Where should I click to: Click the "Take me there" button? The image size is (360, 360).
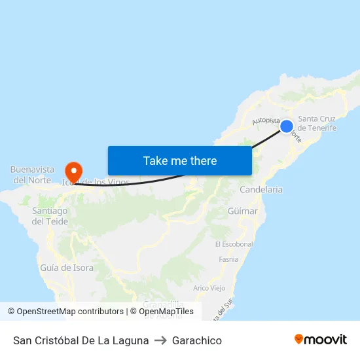180,160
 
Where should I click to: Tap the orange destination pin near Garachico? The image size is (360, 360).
73,171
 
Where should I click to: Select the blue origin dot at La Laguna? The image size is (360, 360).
287,126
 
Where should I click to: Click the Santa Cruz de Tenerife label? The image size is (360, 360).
317,123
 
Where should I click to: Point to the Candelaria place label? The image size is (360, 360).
261,189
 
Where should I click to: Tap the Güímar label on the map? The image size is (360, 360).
242,211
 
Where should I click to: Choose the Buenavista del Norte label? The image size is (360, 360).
32,175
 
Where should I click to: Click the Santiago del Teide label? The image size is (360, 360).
50,216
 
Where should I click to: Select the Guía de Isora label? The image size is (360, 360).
67,268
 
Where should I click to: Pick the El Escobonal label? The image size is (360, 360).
234,244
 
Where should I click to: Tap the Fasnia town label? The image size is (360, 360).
228,259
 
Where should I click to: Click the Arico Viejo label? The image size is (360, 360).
209,288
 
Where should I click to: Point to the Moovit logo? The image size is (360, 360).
321,340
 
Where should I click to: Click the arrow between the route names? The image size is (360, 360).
160,340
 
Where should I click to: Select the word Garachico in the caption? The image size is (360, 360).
197,340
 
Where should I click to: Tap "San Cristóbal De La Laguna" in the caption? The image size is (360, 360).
81,340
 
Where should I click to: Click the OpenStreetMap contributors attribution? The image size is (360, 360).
65,312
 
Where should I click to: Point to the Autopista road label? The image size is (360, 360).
266,121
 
